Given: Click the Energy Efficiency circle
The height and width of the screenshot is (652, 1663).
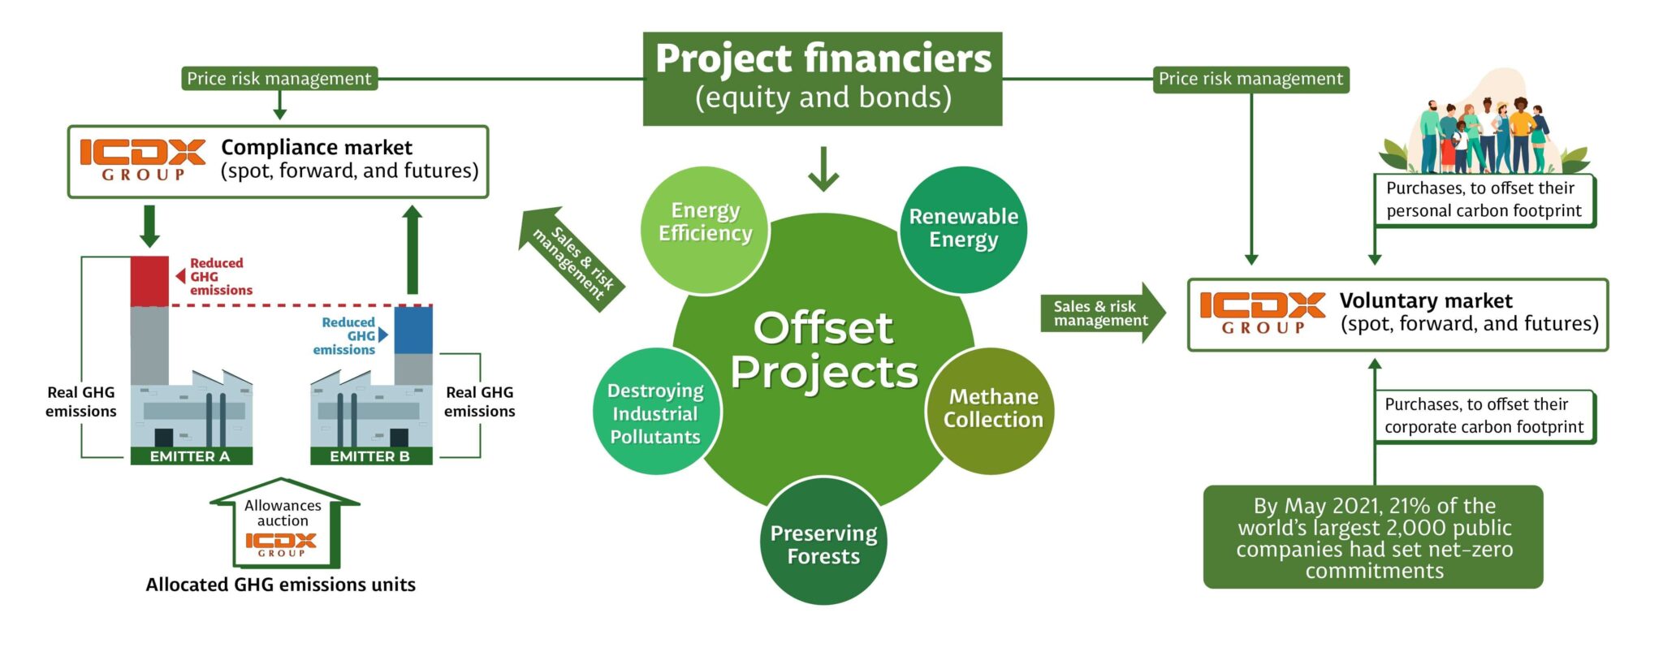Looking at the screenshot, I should coord(705,229).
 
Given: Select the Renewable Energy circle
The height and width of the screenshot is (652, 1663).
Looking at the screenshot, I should coord(963,229).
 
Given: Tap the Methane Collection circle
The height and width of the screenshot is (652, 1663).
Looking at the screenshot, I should coord(991,410).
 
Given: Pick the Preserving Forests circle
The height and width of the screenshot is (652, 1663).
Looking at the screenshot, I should coord(823,542).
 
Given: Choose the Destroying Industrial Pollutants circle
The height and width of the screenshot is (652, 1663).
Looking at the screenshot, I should coord(655,412).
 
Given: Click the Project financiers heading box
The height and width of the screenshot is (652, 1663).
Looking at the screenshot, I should coord(823,79).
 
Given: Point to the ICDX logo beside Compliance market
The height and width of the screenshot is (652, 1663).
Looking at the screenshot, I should coord(143,159).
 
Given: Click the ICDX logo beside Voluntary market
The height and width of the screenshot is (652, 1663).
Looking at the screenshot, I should coord(1262,313).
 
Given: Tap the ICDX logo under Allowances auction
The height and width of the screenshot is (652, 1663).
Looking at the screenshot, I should coord(281,543).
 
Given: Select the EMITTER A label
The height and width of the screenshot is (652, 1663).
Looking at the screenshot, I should coord(191,456).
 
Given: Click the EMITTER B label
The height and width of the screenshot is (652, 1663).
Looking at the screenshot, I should coord(370,456).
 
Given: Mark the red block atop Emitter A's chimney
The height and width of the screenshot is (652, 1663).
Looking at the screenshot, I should coord(149,281).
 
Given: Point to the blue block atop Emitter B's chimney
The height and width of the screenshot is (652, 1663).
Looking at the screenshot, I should coord(413,329).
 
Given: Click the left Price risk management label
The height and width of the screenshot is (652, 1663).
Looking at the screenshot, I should coord(279,79).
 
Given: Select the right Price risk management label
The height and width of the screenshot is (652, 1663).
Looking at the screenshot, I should coord(1250,79).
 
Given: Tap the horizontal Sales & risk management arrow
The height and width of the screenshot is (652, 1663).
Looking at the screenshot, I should coord(1102,313).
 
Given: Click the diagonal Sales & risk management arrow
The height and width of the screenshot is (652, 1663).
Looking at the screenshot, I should coord(572,258).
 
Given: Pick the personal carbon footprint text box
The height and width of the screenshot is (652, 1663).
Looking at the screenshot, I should coord(1484,200).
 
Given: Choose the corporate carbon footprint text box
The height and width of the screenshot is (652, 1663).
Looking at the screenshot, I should coord(1484,416).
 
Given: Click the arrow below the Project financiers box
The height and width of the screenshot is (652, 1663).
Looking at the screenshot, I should coord(823,169).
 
